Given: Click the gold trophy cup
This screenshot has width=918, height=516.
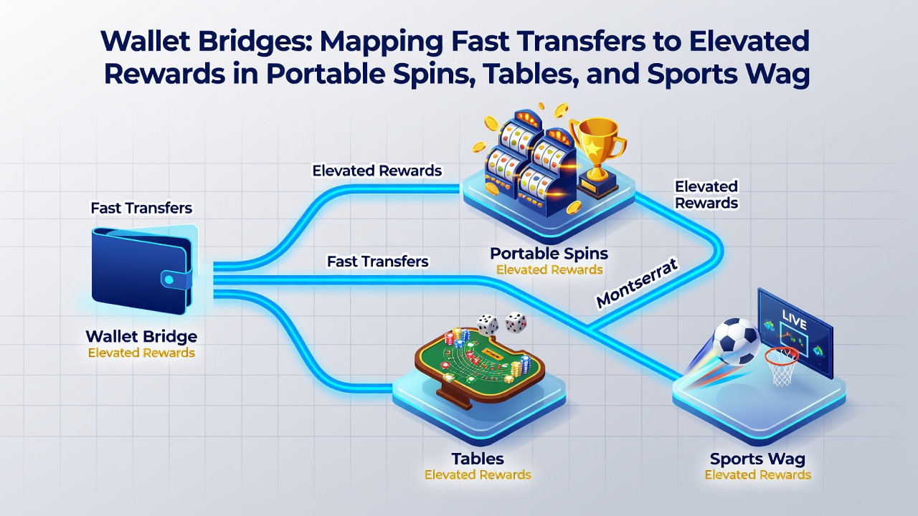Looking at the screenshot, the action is pyautogui.click(x=598, y=156).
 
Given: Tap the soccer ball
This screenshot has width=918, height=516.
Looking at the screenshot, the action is pyautogui.click(x=737, y=342).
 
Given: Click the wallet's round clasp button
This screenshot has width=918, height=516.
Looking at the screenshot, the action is pyautogui.click(x=169, y=279).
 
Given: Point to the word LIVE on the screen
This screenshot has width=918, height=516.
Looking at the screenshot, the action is pyautogui.click(x=794, y=320).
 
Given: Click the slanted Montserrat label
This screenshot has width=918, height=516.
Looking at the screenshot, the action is pyautogui.click(x=636, y=282).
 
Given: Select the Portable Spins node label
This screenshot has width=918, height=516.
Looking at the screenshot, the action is pyautogui.click(x=549, y=254).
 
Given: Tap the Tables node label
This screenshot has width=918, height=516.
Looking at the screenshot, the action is pyautogui.click(x=478, y=459).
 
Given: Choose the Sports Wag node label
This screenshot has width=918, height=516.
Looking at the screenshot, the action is pyautogui.click(x=758, y=459).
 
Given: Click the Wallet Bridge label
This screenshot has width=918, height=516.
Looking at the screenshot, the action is pyautogui.click(x=141, y=337).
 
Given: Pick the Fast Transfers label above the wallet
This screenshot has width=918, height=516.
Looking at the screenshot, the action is pyautogui.click(x=141, y=208).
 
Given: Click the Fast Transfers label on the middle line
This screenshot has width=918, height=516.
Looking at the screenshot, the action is pyautogui.click(x=378, y=262).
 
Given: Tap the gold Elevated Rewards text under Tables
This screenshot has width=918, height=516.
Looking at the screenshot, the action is pyautogui.click(x=478, y=475).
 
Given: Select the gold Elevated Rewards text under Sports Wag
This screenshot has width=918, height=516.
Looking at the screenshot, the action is pyautogui.click(x=758, y=475).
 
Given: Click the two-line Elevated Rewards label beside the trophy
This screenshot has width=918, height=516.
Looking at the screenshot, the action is pyautogui.click(x=706, y=194).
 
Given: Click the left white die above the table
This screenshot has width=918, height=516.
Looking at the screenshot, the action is pyautogui.click(x=487, y=325).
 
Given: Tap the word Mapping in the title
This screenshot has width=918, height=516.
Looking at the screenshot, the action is pyautogui.click(x=381, y=42).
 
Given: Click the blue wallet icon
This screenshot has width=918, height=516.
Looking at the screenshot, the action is pyautogui.click(x=142, y=270).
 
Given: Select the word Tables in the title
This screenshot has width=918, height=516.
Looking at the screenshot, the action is pyautogui.click(x=528, y=74).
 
